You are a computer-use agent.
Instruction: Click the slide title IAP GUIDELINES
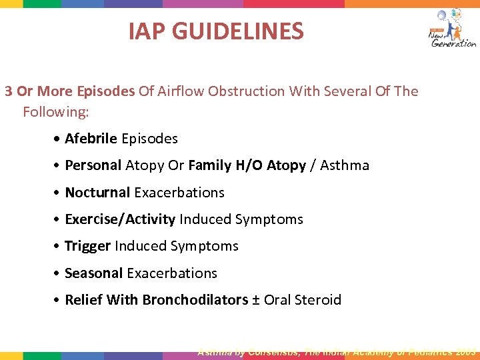coord(216,31)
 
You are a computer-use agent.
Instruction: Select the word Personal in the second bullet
coord(93,165)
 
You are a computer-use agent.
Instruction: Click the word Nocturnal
coord(97,193)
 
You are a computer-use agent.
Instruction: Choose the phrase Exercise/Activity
coord(120,219)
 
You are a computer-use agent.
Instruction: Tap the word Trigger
coord(87,246)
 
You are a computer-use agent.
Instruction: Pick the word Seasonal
coord(93,273)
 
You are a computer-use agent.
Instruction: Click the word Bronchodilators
coord(195,300)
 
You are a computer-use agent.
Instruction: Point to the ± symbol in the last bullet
coord(256,300)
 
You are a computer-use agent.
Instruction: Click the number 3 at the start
coord(8,91)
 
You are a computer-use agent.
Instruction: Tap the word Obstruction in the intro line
coord(246,91)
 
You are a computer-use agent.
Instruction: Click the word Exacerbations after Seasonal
coord(172,273)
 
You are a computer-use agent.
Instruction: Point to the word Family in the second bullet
coord(209,165)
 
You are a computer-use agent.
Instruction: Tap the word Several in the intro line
coord(348,91)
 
